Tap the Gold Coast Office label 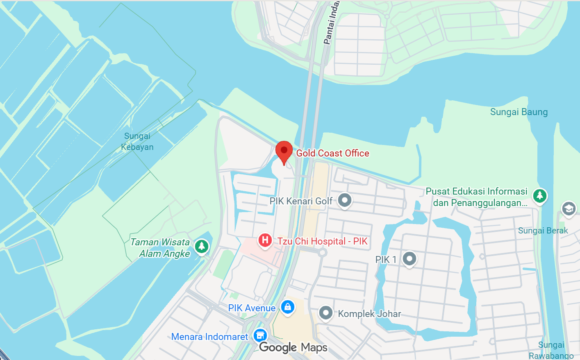[332, 153]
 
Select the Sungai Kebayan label [137, 141]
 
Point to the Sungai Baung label [519, 112]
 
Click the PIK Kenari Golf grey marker [344, 200]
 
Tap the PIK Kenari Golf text [301, 201]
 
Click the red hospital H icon [265, 240]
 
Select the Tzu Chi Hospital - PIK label [322, 241]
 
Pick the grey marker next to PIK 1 [409, 258]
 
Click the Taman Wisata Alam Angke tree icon [201, 246]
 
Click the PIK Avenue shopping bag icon [287, 306]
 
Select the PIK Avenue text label [252, 308]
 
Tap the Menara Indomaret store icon [260, 335]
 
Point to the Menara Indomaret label [209, 337]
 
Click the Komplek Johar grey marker [325, 313]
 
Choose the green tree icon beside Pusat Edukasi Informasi [539, 195]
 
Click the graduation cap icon [568, 209]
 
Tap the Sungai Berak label [543, 231]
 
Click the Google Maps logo [293, 348]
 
